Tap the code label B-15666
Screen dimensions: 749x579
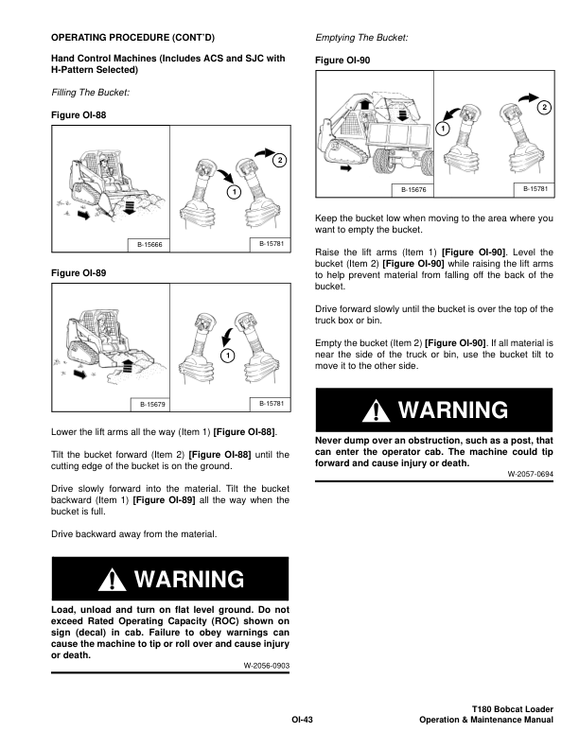pos(150,245)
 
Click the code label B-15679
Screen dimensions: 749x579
pos(150,404)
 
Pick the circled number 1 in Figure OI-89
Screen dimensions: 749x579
pos(228,355)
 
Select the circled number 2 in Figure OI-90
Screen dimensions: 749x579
pos(543,109)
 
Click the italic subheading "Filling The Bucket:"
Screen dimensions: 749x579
pos(91,92)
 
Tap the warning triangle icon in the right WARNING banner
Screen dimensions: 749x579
pos(379,410)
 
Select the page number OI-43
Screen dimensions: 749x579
pos(302,720)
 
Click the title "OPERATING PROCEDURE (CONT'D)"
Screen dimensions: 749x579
pos(132,37)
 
